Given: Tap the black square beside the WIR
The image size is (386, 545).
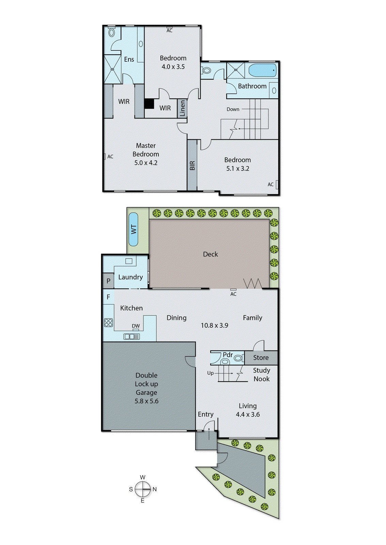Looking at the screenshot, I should pyautogui.click(x=149, y=104).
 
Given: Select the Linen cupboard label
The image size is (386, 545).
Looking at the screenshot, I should pyautogui.click(x=182, y=108).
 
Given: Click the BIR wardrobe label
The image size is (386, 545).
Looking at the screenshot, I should pyautogui.click(x=192, y=166).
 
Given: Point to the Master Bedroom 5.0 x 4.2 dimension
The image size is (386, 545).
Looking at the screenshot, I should pyautogui.click(x=146, y=163).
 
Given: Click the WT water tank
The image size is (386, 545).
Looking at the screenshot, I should pyautogui.click(x=134, y=229).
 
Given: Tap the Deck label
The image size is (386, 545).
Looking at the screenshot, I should pyautogui.click(x=210, y=254).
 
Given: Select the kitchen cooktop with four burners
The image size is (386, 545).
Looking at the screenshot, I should pyautogui.click(x=108, y=322).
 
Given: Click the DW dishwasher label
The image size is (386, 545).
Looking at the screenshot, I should pyautogui.click(x=136, y=326).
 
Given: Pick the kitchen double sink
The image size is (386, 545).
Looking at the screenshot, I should pyautogui.click(x=132, y=337).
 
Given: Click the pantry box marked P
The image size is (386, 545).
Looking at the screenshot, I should pyautogui.click(x=108, y=281).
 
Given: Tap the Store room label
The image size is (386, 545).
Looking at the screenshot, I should pyautogui.click(x=261, y=358).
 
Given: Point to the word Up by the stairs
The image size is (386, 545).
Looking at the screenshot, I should pyautogui.click(x=210, y=373).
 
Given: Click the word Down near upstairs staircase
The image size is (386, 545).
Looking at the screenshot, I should pyautogui.click(x=233, y=109).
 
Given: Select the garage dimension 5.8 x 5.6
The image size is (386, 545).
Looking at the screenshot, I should pyautogui.click(x=146, y=401).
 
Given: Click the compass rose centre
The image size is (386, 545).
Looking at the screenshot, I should pyautogui.click(x=142, y=489).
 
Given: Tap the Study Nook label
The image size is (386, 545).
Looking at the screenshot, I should pyautogui.click(x=261, y=374).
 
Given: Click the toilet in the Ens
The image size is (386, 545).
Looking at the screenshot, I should pyautogui.click(x=112, y=33).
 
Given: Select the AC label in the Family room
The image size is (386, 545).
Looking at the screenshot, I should pyautogui.click(x=233, y=294).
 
